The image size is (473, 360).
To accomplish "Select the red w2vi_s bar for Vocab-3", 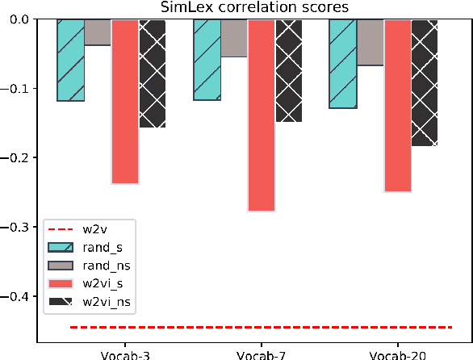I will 125,102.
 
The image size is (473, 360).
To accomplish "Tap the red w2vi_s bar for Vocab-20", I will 398,106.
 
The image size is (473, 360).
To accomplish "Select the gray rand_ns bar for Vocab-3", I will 98,32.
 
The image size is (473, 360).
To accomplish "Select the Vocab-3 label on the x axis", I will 111,355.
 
